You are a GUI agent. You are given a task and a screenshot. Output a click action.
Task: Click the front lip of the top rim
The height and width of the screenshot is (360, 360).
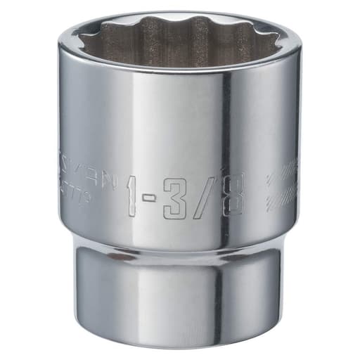(180, 70)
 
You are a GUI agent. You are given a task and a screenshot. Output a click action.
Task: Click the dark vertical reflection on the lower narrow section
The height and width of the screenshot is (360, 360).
(219, 295)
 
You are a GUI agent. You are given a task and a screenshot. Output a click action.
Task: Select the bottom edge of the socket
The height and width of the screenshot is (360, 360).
(180, 347)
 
